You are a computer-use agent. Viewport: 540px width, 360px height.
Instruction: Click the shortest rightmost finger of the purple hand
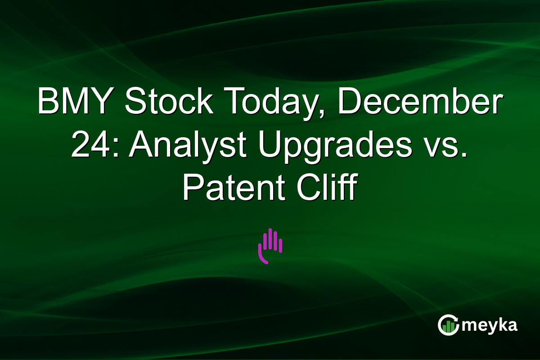281,246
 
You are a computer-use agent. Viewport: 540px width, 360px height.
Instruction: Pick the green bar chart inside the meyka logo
447,326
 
